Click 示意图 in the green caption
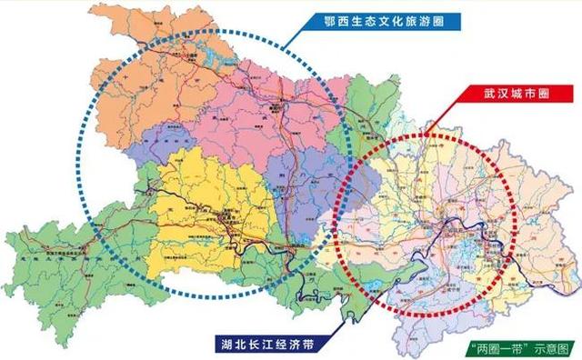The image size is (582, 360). click(x=556, y=347)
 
